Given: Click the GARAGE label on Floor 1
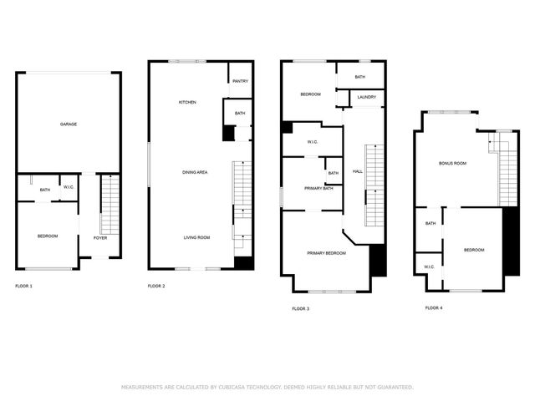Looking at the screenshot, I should tap(69, 124).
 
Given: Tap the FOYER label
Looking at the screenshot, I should tap(100, 237).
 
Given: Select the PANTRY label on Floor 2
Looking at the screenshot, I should tap(240, 81).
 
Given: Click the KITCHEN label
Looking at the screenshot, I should tap(187, 102).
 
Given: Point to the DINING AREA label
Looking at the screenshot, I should tap(195, 172).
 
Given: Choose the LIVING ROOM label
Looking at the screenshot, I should tap(196, 237).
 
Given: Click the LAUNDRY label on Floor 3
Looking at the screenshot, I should tap(366, 97).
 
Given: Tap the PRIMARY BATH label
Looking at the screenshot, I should tap(318, 188).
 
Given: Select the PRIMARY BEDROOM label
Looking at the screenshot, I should tap(326, 252).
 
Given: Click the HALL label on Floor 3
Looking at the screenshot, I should tap(358, 171).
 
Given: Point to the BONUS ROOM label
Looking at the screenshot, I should tap(452, 163).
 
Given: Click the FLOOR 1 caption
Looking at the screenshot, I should tap(24, 287).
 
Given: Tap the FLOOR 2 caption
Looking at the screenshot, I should tap(156, 287).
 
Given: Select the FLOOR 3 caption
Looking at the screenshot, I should tap(301, 309).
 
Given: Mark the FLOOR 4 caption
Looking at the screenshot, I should tap(434, 307).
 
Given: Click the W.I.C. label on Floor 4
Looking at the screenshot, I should tap(429, 267).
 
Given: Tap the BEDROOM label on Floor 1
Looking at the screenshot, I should tap(48, 236).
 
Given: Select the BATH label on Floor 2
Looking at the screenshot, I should tap(240, 114).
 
